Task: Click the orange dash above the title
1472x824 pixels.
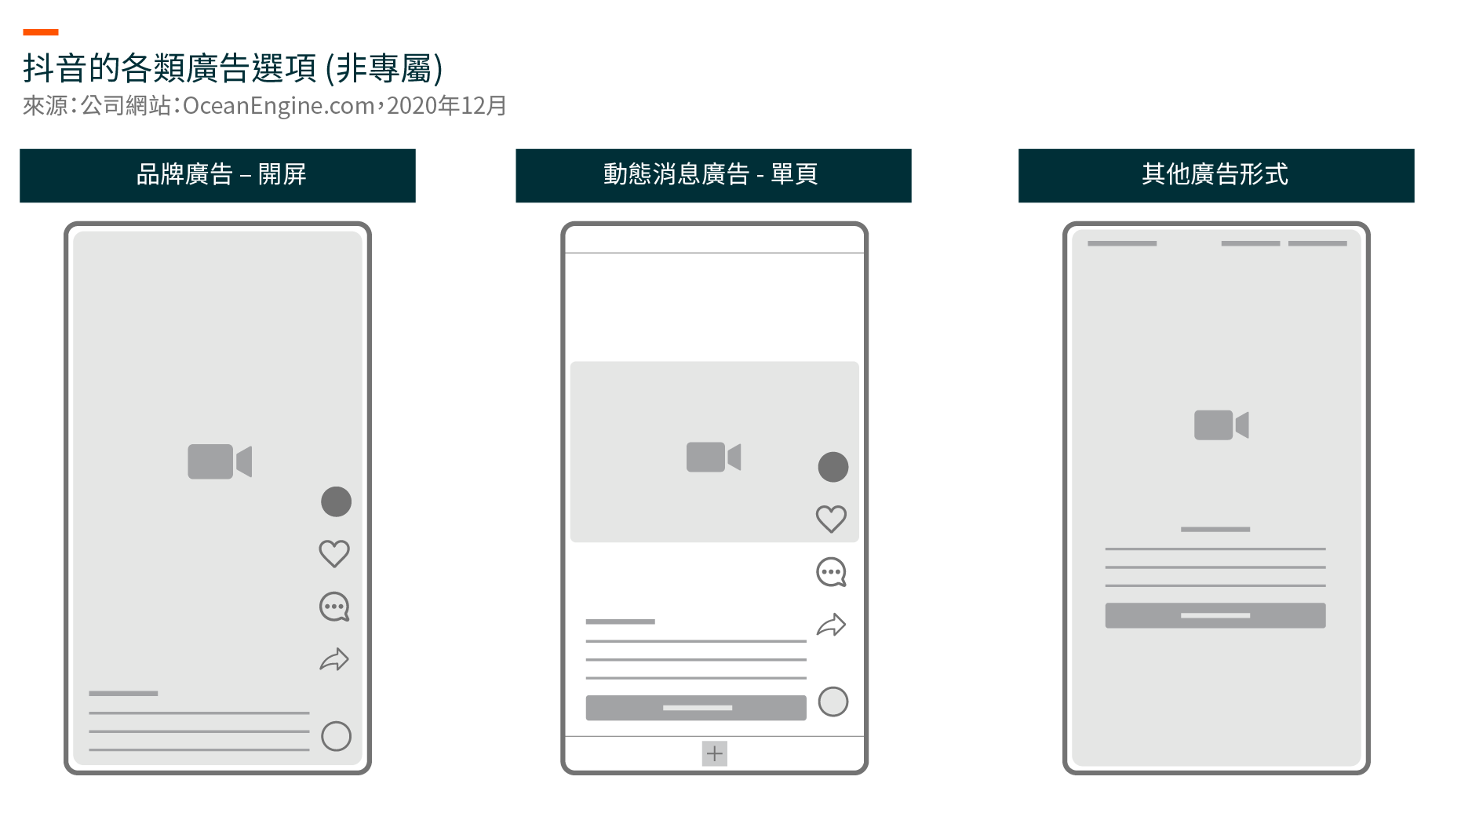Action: click(41, 32)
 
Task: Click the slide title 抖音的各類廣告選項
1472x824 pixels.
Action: click(169, 68)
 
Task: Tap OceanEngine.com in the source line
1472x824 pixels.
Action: click(279, 105)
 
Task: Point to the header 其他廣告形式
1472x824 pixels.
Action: click(1216, 175)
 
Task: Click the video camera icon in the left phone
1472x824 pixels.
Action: click(220, 461)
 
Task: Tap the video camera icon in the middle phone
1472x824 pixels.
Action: click(713, 457)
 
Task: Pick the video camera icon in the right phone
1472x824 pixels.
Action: click(1221, 425)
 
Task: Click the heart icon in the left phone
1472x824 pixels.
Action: click(334, 554)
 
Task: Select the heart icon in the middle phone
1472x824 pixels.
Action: click(832, 519)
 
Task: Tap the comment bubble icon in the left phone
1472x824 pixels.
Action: click(334, 607)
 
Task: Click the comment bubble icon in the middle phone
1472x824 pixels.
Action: click(832, 572)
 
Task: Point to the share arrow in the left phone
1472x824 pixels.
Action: click(334, 659)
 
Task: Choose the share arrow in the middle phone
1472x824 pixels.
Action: click(832, 625)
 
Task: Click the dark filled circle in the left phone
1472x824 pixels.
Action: click(336, 501)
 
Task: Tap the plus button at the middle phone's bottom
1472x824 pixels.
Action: click(714, 753)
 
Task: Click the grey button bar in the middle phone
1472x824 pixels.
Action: click(696, 708)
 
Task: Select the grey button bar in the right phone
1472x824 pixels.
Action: click(1215, 615)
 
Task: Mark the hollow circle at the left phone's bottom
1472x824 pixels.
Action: click(336, 736)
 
